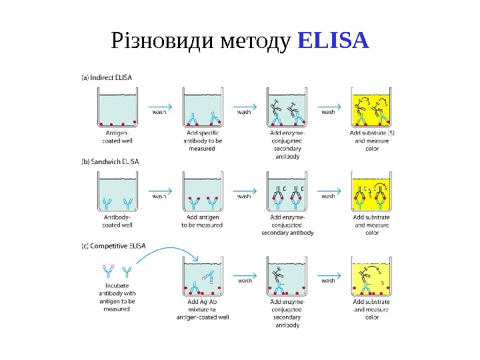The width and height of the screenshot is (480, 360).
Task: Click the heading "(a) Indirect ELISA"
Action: click(x=107, y=77)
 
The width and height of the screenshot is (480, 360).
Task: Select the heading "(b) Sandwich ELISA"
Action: click(x=110, y=161)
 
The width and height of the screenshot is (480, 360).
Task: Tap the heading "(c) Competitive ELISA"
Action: click(x=113, y=245)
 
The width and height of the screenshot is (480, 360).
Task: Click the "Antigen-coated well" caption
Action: click(x=117, y=137)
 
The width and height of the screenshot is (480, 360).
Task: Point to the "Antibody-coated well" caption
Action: click(x=117, y=221)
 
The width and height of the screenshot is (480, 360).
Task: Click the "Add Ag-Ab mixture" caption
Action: click(x=202, y=309)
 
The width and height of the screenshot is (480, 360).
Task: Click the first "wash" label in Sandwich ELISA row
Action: click(x=160, y=197)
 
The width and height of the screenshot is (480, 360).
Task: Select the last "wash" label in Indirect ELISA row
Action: click(x=329, y=113)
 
